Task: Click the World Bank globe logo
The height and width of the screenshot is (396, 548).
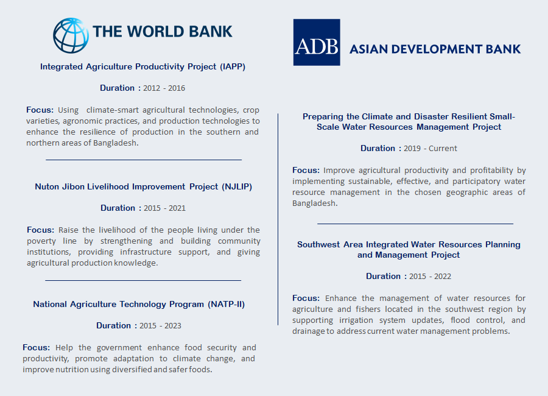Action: click(71, 35)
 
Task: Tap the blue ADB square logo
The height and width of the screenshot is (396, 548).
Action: click(317, 42)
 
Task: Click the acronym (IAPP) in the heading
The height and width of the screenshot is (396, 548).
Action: click(233, 66)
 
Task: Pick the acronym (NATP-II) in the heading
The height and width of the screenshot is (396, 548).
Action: click(226, 304)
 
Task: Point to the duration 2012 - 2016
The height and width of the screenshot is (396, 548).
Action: click(164, 88)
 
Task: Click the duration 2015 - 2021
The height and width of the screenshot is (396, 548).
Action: click(164, 208)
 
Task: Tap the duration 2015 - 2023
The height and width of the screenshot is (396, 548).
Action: click(160, 326)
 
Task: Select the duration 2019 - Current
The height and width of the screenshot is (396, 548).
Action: click(430, 148)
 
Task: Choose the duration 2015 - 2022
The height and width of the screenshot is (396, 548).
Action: click(430, 277)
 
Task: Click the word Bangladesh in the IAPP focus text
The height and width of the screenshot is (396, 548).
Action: click(116, 143)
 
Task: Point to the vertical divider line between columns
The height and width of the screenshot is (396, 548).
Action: click(278, 219)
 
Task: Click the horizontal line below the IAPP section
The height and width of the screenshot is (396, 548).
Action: click(144, 160)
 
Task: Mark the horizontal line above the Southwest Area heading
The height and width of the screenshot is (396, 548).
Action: click(415, 224)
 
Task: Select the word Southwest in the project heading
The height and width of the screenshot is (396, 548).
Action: click(318, 244)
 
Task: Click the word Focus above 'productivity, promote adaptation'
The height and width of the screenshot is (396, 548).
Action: click(37, 347)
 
